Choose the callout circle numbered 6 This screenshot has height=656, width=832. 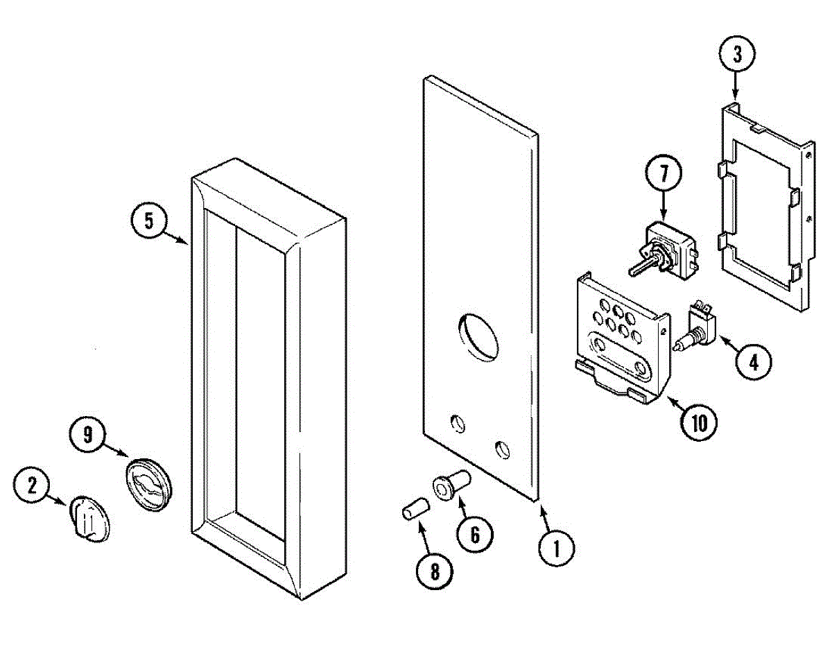(475, 534)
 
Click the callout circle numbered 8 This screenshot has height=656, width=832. (435, 571)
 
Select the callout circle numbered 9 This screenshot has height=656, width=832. (87, 435)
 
